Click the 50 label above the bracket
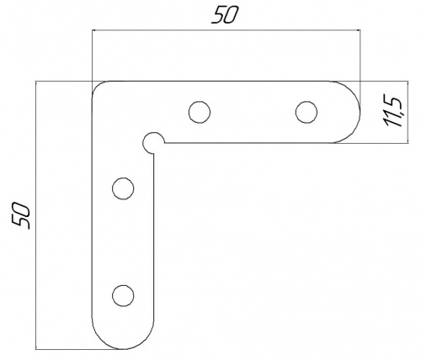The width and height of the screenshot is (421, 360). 225,14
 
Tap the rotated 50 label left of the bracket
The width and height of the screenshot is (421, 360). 21,215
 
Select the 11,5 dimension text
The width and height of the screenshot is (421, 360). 394,112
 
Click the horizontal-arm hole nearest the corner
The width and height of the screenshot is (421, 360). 200,112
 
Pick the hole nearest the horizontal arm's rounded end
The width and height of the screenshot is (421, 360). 306,112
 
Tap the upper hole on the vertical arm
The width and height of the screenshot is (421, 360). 123,188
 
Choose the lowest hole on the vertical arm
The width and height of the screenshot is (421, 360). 123,295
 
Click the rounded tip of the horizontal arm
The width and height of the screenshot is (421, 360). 360,112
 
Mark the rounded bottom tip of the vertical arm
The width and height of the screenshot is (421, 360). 123,349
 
